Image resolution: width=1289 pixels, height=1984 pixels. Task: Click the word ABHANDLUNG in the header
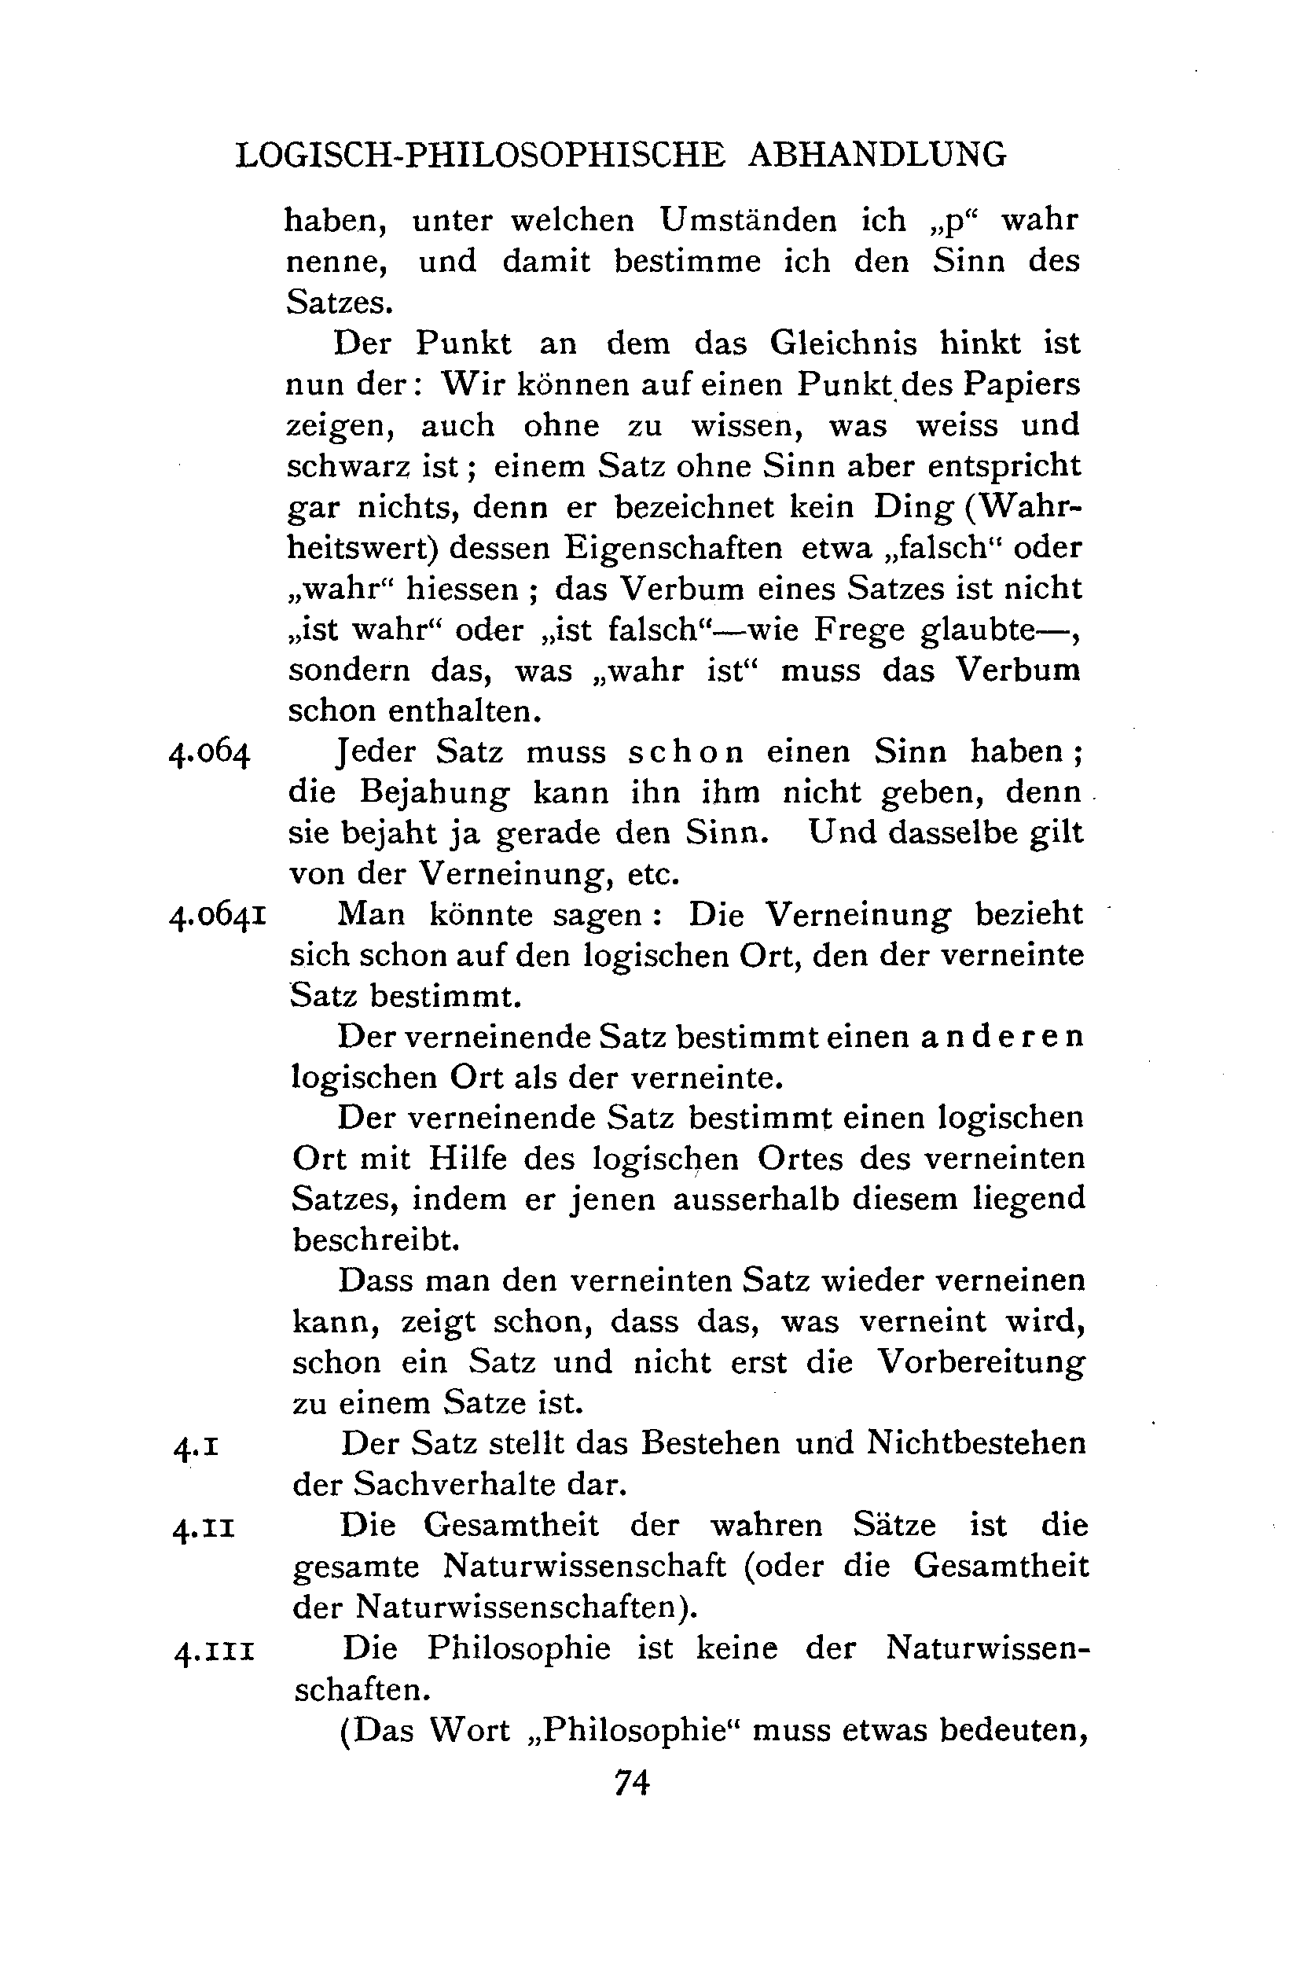[x=877, y=156]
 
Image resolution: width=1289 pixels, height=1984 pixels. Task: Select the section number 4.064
[x=209, y=754]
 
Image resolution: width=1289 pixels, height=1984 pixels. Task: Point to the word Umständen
[x=748, y=220]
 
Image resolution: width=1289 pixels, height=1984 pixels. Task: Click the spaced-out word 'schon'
[x=685, y=753]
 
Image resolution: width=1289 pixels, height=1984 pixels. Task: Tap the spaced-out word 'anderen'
[x=1001, y=1037]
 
